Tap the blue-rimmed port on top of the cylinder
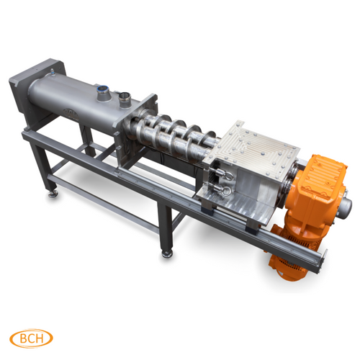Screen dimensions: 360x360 point(103,91)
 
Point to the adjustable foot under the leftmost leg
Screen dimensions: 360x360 point(51,192)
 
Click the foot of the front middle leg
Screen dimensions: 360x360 point(168,253)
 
